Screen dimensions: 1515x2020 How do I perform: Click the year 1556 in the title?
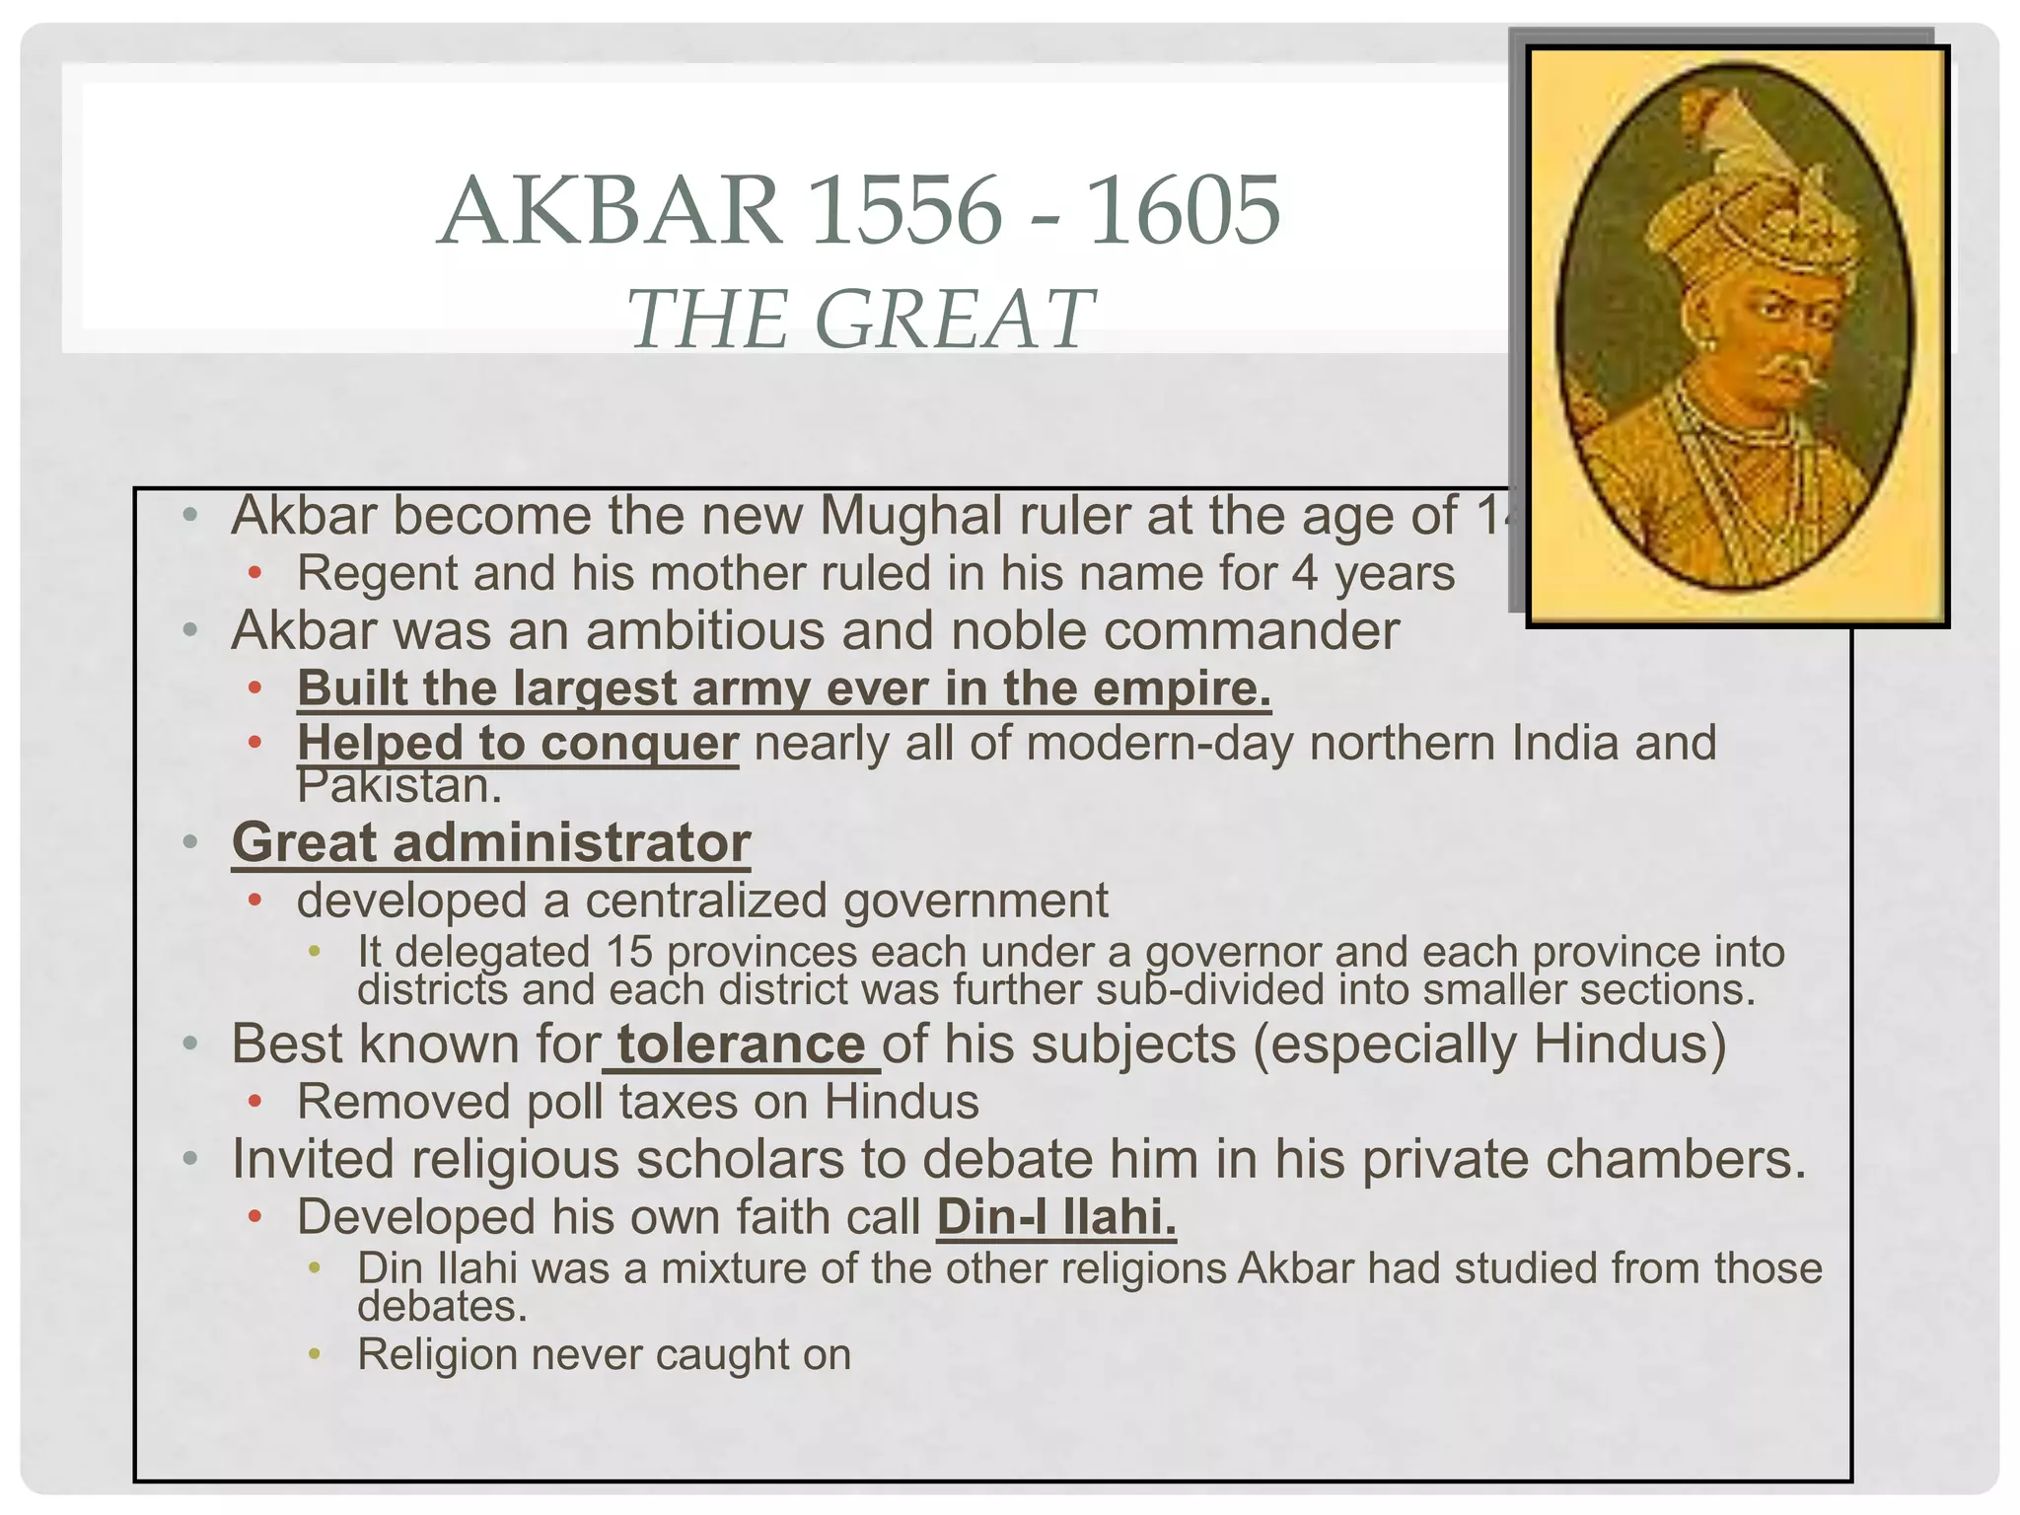(903, 211)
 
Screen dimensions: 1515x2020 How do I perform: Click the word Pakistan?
(399, 786)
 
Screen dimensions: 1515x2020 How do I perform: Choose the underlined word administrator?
(572, 843)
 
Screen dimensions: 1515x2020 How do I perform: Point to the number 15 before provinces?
(629, 953)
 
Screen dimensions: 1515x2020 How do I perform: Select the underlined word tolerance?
(741, 1045)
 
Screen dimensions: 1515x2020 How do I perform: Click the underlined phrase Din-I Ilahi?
(1056, 1217)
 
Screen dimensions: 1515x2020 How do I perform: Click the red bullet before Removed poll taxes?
(254, 1101)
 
